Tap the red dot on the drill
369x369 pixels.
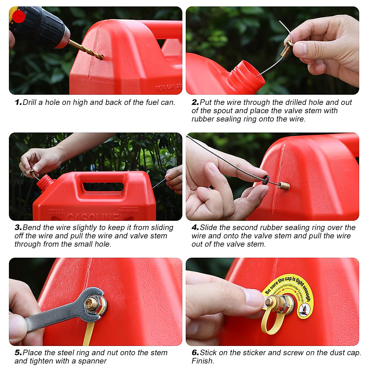[x=19, y=16]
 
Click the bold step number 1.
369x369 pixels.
[x=18, y=102]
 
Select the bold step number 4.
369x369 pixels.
[x=195, y=228]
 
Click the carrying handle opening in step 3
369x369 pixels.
[x=103, y=186]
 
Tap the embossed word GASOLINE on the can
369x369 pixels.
[x=92, y=217]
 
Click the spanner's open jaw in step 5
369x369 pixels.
[x=92, y=300]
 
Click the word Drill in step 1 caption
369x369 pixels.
[x=30, y=102]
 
